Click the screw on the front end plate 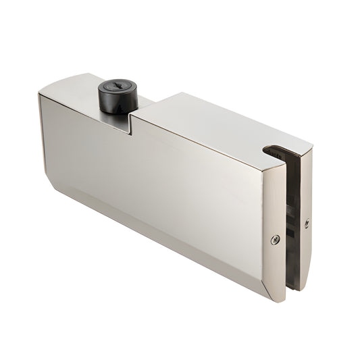pos(274,239)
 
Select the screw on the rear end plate pos(307,222)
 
